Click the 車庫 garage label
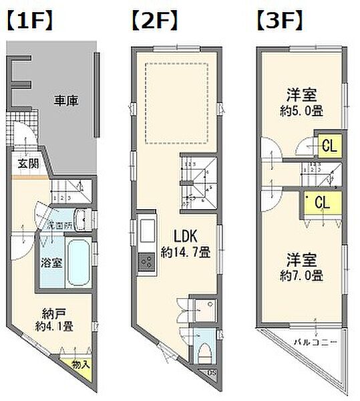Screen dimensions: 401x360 [x=66, y=102]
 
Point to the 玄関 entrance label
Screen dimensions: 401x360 [x=27, y=163]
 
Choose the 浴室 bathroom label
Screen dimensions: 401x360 [x=51, y=263]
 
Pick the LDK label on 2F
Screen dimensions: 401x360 [x=186, y=237]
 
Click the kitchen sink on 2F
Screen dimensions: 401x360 [x=146, y=234]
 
